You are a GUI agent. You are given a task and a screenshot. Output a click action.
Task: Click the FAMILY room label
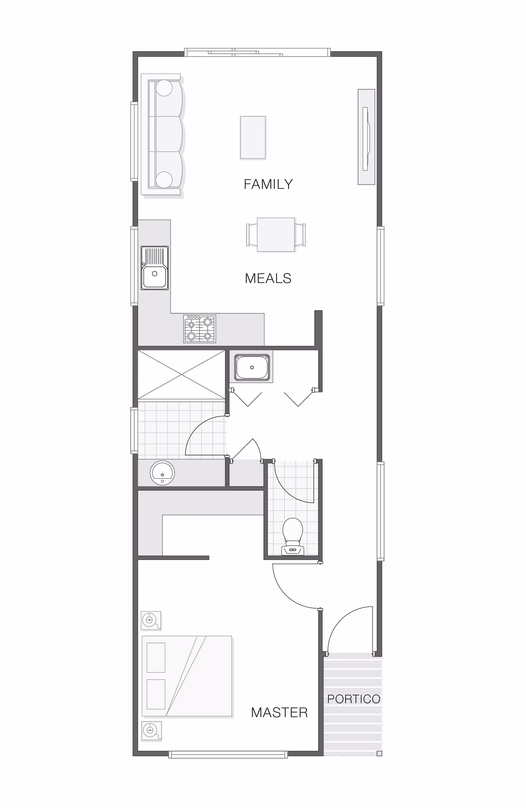(268, 184)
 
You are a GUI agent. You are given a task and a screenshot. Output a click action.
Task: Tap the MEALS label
(268, 278)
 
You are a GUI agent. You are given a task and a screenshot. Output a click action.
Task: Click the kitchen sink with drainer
(155, 268)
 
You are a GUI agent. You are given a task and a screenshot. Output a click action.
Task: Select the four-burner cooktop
(200, 329)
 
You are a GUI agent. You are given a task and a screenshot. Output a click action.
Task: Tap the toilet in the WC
(293, 537)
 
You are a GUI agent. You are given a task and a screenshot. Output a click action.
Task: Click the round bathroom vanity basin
(162, 473)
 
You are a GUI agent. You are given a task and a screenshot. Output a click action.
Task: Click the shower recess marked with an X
(182, 374)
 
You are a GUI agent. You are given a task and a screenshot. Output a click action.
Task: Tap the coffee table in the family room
(253, 138)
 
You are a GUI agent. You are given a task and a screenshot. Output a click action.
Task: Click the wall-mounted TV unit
(367, 137)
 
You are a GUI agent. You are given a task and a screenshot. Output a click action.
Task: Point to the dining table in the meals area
(276, 235)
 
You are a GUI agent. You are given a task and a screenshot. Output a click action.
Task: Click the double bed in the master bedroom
(187, 676)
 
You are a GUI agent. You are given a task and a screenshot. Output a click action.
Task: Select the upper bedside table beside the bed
(151, 621)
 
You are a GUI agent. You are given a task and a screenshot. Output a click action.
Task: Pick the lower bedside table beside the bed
(151, 730)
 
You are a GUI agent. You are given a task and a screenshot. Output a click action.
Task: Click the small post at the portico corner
(379, 753)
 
